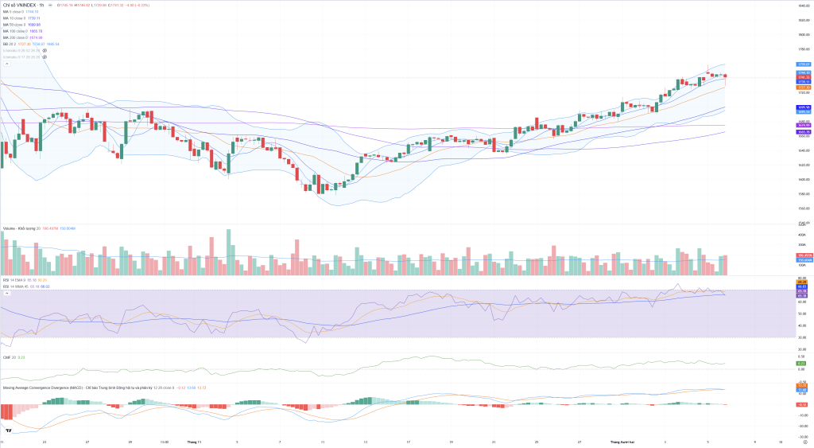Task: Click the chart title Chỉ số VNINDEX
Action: [20, 5]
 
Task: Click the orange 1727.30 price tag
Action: [803, 88]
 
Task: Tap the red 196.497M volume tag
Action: [804, 255]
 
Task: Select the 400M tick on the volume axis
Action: [802, 236]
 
